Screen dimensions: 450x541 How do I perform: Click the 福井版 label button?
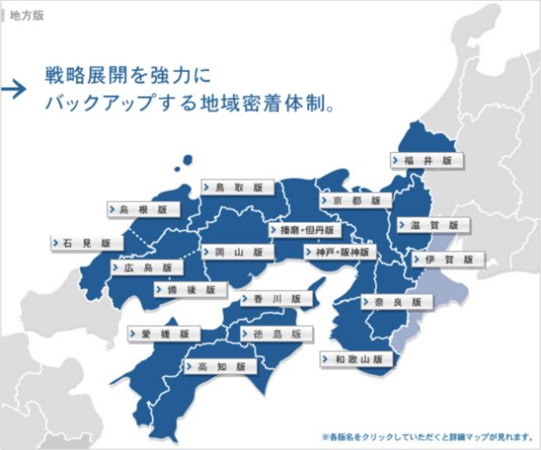point(427,160)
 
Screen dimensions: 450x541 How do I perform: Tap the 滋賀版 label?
point(433,225)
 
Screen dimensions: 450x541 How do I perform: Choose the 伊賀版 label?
point(448,260)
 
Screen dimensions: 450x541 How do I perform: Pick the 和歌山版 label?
point(356,360)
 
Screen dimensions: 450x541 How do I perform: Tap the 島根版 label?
point(142,210)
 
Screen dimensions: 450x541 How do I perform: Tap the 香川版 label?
point(277,299)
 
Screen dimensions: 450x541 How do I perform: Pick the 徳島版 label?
point(277,333)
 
